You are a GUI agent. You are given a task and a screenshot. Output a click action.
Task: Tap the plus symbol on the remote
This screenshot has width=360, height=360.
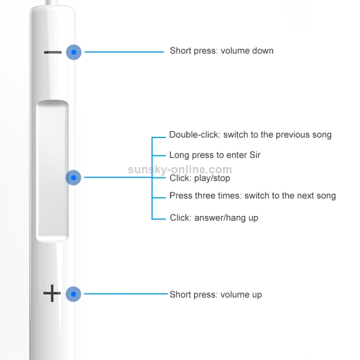click(51, 293)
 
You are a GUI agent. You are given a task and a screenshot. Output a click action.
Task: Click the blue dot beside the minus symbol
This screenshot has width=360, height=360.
click(73, 51)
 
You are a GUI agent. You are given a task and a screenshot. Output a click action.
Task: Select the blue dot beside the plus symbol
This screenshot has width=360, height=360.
click(73, 294)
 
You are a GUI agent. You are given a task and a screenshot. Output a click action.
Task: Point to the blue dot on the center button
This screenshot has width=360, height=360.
click(73, 178)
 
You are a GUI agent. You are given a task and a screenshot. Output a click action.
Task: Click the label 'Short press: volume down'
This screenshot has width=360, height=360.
click(221, 51)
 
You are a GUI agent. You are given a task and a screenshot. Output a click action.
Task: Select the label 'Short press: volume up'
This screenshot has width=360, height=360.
click(216, 294)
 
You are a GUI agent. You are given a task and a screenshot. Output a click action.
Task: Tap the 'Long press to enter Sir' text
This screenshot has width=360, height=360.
click(215, 155)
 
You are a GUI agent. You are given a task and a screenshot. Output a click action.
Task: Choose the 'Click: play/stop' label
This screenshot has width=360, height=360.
click(200, 178)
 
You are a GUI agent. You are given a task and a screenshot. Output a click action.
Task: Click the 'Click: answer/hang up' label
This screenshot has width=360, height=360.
click(214, 218)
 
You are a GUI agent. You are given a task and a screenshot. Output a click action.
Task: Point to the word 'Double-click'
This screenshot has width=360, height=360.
click(193, 135)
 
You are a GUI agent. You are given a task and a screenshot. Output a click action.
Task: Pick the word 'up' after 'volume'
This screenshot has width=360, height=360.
click(256, 295)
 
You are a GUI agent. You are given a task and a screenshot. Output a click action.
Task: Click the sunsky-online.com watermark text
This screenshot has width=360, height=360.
click(180, 169)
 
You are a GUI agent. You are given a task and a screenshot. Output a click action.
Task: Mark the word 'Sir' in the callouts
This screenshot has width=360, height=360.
click(254, 155)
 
